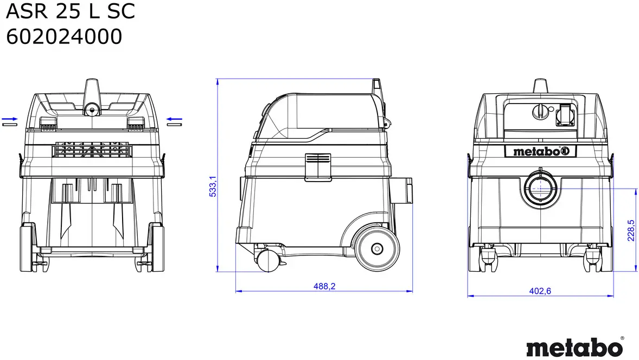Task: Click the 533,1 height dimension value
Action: [x=213, y=187]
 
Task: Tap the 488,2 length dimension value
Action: [x=324, y=286]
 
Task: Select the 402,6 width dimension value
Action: [x=540, y=291]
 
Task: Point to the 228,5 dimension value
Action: [x=631, y=230]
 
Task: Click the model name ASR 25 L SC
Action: [x=70, y=11]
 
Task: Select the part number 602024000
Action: [x=64, y=37]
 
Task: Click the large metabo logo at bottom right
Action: [x=574, y=348]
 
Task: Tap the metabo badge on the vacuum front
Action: [x=540, y=151]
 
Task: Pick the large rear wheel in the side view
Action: [x=377, y=248]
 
